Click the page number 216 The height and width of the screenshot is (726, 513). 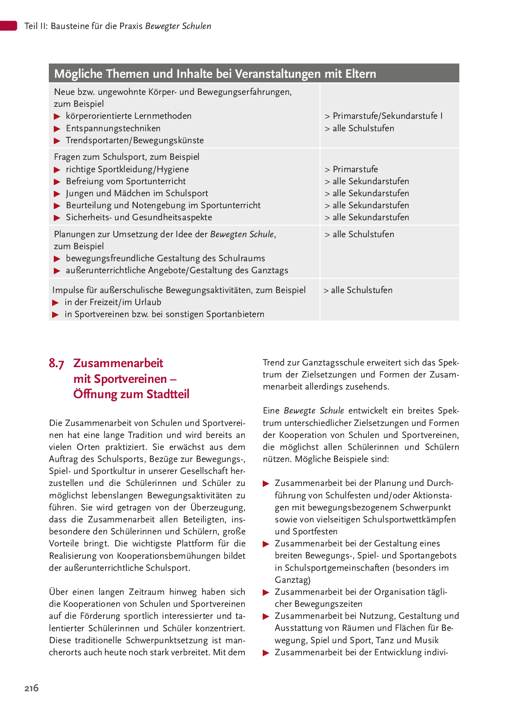pyautogui.click(x=31, y=688)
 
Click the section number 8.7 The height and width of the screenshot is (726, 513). pyautogui.click(x=56, y=363)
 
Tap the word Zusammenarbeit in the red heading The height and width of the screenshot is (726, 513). pyautogui.click(x=118, y=363)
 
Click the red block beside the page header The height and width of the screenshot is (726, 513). pyautogui.click(x=8, y=26)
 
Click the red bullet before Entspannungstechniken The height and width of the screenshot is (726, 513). pyautogui.click(x=57, y=129)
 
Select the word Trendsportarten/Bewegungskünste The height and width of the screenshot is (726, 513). pyautogui.click(x=135, y=140)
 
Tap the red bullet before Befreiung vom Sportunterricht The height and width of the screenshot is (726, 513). pyautogui.click(x=57, y=182)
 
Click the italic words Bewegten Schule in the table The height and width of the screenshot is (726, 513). pyautogui.click(x=242, y=234)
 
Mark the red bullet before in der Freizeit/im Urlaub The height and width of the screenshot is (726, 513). pyautogui.click(x=55, y=303)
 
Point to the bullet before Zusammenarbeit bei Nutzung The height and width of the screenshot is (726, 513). pyautogui.click(x=266, y=617)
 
